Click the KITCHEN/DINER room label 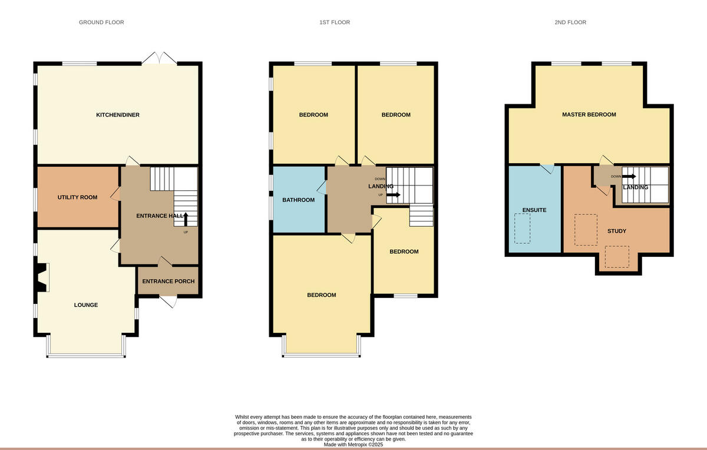click(x=118, y=115)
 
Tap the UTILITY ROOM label click(x=77, y=197)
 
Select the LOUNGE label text click(x=86, y=305)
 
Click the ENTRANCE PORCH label click(x=169, y=282)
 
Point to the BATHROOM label click(x=298, y=200)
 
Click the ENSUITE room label click(x=534, y=210)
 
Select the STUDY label click(x=616, y=231)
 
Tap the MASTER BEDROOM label click(x=589, y=115)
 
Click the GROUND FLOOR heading click(x=101, y=22)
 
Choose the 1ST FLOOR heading click(x=334, y=22)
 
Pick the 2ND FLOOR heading click(x=570, y=22)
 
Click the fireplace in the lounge click(x=43, y=277)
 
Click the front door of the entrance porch click(x=169, y=302)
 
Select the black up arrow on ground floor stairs click(x=186, y=219)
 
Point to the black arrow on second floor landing click(x=629, y=176)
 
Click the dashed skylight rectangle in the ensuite click(x=522, y=228)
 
